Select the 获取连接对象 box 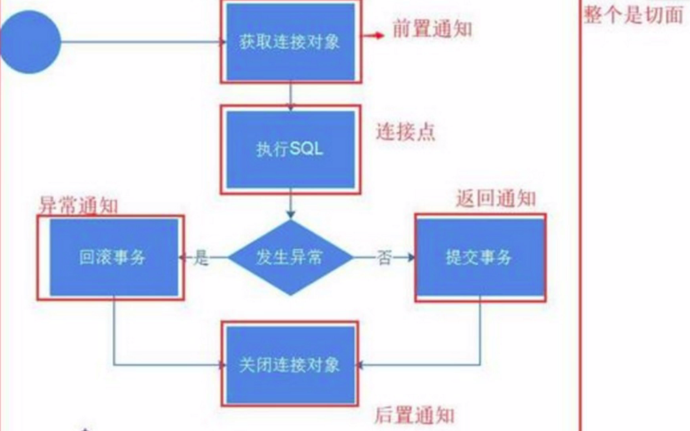(x=290, y=42)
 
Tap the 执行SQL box (x=290, y=150)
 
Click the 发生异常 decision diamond (x=290, y=257)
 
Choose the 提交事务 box (x=479, y=257)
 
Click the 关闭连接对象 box (x=290, y=365)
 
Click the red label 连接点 (x=405, y=132)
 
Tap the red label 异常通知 (x=78, y=206)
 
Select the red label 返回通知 (x=496, y=199)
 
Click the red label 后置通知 (x=415, y=415)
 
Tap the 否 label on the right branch (x=384, y=258)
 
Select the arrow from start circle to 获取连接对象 (x=139, y=42)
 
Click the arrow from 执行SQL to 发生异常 (x=290, y=206)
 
